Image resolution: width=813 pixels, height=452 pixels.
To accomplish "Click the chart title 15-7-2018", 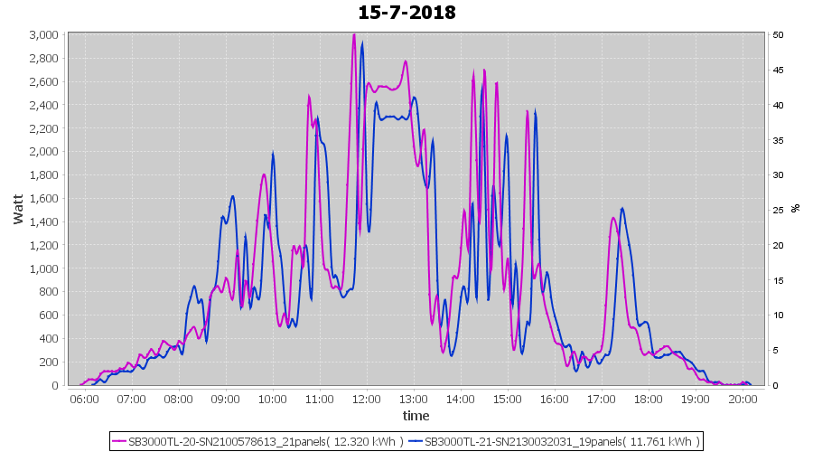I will click(406, 13).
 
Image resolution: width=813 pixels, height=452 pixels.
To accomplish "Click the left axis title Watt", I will click(18, 210).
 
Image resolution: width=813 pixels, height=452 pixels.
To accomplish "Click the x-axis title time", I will click(416, 416).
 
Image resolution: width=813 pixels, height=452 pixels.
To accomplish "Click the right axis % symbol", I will click(796, 208).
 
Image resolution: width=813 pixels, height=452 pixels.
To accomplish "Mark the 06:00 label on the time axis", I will click(84, 399).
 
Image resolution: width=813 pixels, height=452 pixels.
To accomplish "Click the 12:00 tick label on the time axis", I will click(366, 399).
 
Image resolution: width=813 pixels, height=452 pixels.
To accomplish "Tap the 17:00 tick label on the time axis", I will click(601, 399).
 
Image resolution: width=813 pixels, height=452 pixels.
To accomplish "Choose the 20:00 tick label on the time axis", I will click(742, 399).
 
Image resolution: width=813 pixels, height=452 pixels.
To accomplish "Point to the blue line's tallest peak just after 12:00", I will click(362, 42).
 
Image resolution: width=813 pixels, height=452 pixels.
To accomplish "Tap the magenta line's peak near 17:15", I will click(613, 218).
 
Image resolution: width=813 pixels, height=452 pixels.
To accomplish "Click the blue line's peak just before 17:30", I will click(622, 209).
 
